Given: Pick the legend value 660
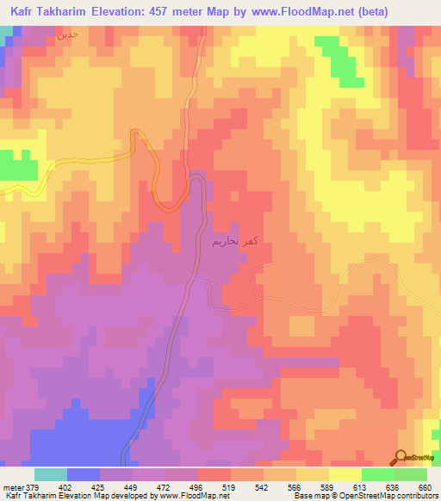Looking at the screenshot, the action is tap(424, 486).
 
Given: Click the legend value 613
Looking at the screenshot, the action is tap(370, 486).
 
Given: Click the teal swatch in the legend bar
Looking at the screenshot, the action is tap(50, 474).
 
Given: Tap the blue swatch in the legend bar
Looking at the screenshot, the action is tap(84, 474).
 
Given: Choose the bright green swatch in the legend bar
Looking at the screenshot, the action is tap(377, 474).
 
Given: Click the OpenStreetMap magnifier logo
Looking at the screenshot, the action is tap(402, 459).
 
